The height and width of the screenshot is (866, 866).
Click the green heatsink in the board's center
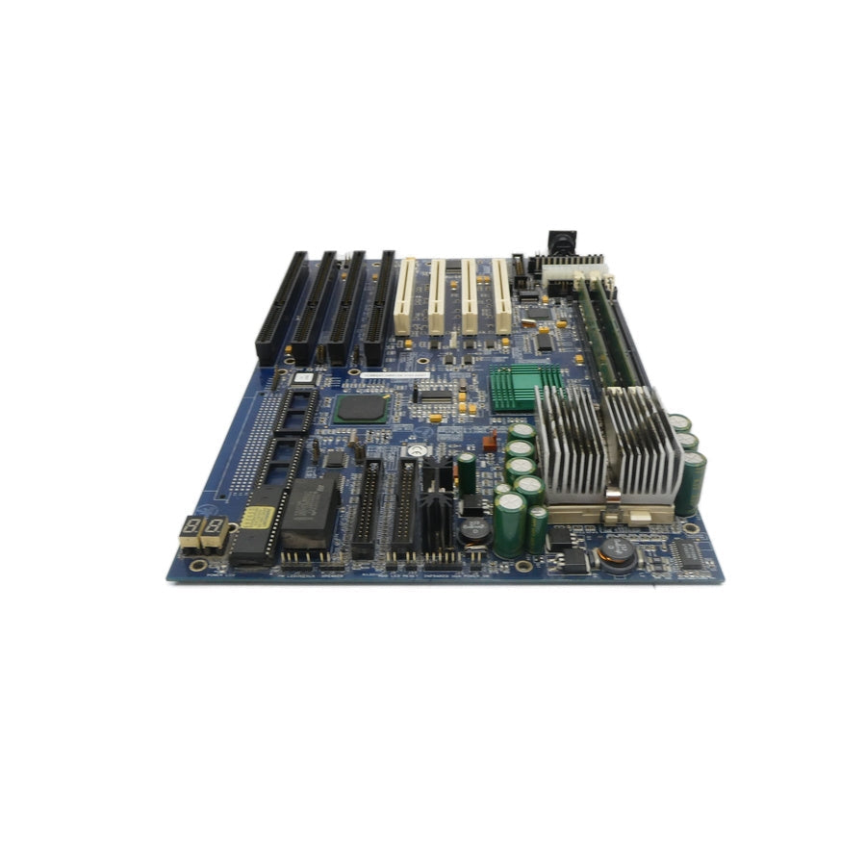tap(525, 387)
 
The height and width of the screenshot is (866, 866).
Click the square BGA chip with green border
tap(361, 408)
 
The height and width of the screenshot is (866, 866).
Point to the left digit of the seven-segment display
tap(190, 527)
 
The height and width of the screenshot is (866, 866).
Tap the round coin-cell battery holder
tap(416, 449)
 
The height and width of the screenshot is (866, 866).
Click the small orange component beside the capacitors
tap(489, 443)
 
